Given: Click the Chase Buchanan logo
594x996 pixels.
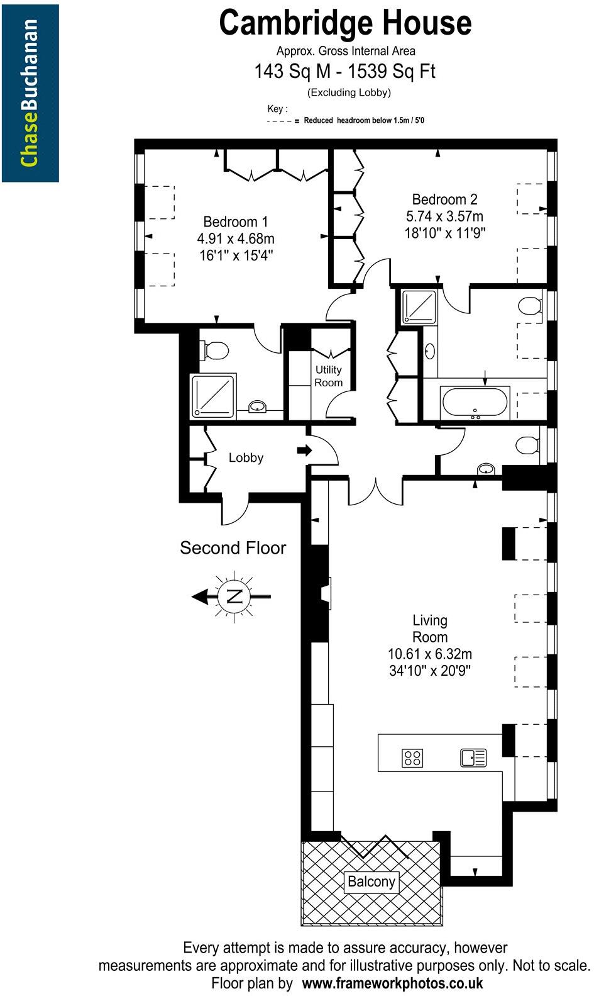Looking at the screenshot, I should [30, 93].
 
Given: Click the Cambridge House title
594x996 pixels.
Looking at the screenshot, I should [345, 23].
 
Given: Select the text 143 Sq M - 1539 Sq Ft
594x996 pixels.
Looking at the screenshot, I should [344, 71].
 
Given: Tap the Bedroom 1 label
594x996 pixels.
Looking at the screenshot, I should [236, 222].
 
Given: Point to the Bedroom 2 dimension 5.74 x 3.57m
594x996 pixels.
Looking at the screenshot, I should [444, 216].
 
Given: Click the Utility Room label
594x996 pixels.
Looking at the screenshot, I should [328, 376].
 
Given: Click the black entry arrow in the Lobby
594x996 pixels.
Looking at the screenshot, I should [304, 450].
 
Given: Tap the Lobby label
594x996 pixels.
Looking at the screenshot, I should [246, 458].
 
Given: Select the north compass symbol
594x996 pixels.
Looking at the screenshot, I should [233, 596].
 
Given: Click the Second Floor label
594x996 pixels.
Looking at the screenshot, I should [233, 548].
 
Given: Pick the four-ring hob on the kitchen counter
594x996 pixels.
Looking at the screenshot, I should [412, 758].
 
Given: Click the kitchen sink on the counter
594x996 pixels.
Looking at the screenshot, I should [473, 758].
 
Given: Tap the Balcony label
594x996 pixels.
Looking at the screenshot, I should [371, 881].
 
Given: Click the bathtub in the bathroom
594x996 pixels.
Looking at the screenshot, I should [475, 403].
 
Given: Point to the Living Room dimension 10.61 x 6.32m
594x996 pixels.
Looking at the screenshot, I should [430, 654].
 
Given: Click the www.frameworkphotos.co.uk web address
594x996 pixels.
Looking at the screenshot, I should [392, 983].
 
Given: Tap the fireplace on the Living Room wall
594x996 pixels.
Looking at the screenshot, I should [326, 594].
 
